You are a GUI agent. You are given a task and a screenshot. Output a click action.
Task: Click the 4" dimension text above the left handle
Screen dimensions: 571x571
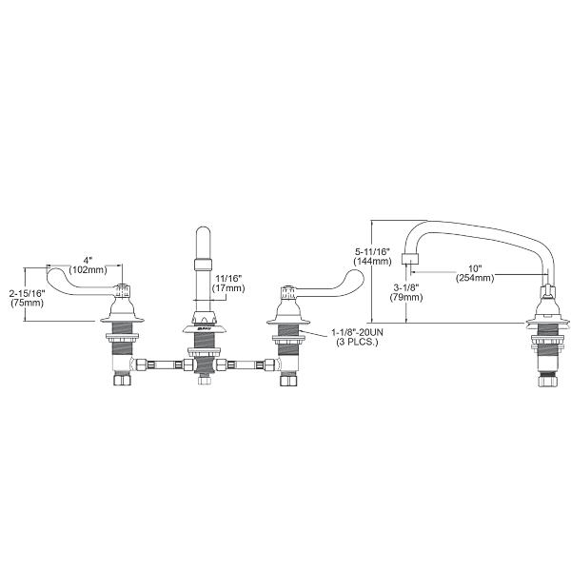tap(88, 259)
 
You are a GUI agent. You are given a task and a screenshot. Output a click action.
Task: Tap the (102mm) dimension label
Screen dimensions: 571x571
tap(88, 269)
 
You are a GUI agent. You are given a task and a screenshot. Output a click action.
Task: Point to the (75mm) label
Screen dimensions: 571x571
tap(22, 305)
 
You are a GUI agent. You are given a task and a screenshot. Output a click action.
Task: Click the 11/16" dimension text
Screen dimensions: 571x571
tap(228, 278)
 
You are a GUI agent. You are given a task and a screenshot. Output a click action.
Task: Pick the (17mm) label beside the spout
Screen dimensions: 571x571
tap(228, 288)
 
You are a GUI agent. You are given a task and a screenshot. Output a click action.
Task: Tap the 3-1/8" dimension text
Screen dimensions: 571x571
tap(380, 284)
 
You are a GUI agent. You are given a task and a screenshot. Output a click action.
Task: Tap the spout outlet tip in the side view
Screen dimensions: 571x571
tap(409, 259)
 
